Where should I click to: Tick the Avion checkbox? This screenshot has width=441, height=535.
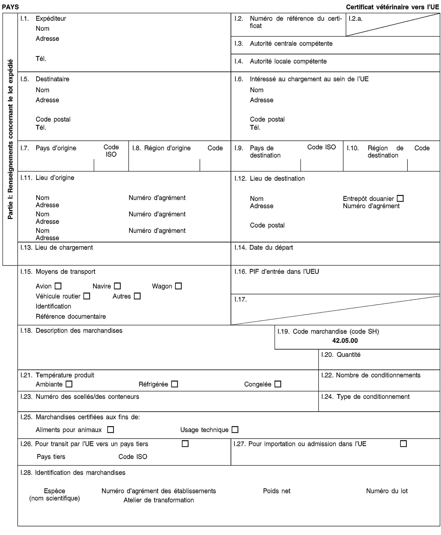tap(58, 286)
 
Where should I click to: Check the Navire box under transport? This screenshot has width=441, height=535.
tap(117, 286)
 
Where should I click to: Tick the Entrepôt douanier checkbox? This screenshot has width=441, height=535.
tap(400, 198)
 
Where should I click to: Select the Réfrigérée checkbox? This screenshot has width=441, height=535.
tap(174, 384)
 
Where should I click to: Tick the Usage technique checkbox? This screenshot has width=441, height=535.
tap(235, 430)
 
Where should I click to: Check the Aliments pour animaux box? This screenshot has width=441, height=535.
tap(111, 430)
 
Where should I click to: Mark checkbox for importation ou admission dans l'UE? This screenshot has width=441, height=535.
tap(403, 444)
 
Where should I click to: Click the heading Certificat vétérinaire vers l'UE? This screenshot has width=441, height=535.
tap(392, 7)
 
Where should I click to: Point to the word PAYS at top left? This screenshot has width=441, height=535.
tap(10, 7)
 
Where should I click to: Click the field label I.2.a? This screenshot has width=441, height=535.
tap(355, 19)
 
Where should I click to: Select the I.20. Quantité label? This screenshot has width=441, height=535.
tap(341, 354)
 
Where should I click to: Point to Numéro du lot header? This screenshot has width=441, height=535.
tap(387, 491)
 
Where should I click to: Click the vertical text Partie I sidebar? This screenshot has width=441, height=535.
tap(10, 139)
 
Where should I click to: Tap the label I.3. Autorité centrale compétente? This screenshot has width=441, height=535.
tap(283, 44)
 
